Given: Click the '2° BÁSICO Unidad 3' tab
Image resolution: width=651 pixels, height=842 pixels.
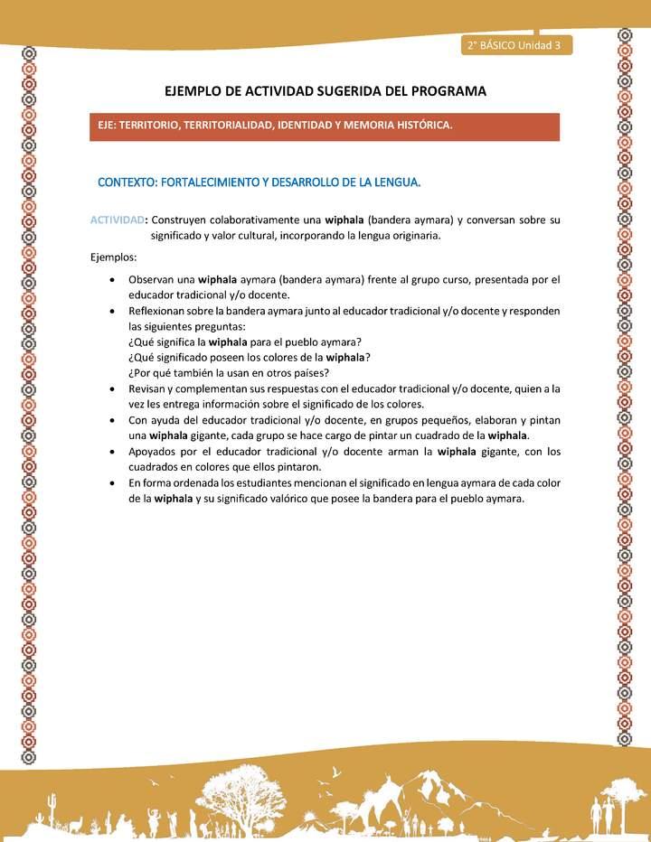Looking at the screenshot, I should pos(514,46).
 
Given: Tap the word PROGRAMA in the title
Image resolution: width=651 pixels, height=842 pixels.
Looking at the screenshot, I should pos(447,91).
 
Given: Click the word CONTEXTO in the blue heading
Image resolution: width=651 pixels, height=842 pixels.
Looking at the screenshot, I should pos(126,182).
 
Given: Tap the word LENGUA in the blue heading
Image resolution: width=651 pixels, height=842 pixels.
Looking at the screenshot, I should pos(395,182).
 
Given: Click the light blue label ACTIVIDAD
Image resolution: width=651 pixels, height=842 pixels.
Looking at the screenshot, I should pos(118,220).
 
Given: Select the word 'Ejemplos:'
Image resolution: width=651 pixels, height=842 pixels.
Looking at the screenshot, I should pos(114,257).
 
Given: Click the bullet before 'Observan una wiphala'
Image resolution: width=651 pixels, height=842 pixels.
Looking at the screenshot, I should pos(110,279).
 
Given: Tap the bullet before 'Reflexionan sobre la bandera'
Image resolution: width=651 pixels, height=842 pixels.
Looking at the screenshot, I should pos(110,311).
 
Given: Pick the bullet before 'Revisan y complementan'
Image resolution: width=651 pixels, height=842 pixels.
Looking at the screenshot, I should pos(110,388).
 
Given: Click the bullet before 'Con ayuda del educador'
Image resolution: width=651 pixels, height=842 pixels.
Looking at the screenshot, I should pos(110,420).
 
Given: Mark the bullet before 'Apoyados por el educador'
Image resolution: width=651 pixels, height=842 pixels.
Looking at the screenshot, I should pos(110,452).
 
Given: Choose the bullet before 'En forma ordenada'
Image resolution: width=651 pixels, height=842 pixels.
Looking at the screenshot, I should pos(110,483).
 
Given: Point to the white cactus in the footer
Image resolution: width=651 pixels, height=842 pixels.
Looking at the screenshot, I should pos(52,804).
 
